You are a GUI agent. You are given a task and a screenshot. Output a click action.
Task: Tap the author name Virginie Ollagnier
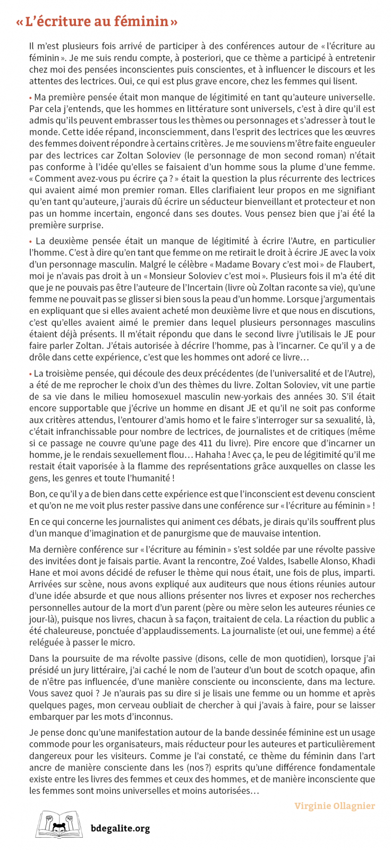point(335,806)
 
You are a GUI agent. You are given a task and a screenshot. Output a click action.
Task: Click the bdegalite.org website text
point(120,828)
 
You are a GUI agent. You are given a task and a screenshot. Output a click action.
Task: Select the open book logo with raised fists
point(59,824)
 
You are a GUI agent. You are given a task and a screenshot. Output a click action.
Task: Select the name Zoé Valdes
point(261,561)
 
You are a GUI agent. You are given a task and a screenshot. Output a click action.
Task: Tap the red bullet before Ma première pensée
point(30,98)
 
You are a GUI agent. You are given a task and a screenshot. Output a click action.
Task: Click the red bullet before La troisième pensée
point(30,374)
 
